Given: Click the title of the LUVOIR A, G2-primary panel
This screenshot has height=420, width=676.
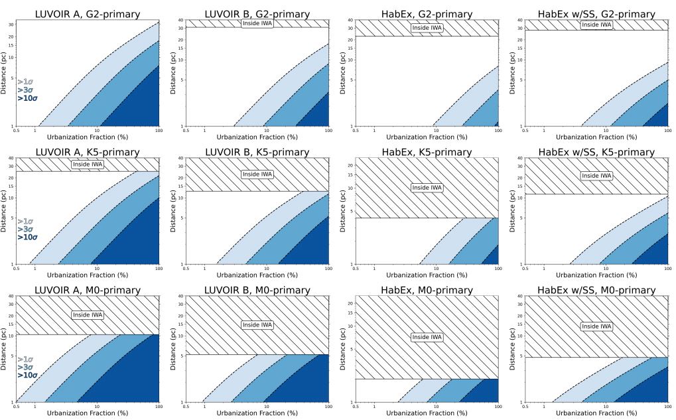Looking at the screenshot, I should click(x=88, y=14).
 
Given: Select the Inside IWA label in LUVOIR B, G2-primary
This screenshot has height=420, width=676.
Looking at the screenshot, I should click(x=257, y=23).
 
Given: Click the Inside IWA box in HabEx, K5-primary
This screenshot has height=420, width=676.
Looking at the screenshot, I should click(x=427, y=188).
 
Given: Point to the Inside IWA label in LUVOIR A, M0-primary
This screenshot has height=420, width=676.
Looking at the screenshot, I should click(x=88, y=315).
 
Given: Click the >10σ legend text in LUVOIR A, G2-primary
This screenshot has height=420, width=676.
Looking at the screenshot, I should click(x=27, y=98).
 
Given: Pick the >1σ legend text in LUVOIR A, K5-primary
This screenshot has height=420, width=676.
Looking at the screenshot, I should click(x=25, y=221).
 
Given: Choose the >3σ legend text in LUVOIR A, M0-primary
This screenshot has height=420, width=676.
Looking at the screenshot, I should click(x=25, y=367).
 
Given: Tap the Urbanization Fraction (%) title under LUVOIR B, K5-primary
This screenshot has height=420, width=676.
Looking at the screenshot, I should click(x=257, y=275).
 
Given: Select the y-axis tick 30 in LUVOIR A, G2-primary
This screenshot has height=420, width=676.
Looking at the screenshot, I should click(x=11, y=25).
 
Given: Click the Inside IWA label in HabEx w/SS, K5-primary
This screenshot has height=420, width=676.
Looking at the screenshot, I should click(x=596, y=176).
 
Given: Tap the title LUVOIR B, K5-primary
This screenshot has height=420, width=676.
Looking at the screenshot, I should click(x=257, y=152).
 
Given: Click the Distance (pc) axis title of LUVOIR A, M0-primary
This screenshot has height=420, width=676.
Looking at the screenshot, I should click(x=5, y=348).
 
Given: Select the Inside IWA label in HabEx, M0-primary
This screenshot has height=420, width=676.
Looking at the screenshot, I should click(x=427, y=337).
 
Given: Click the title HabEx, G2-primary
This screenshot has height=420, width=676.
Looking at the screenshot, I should click(x=427, y=14).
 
